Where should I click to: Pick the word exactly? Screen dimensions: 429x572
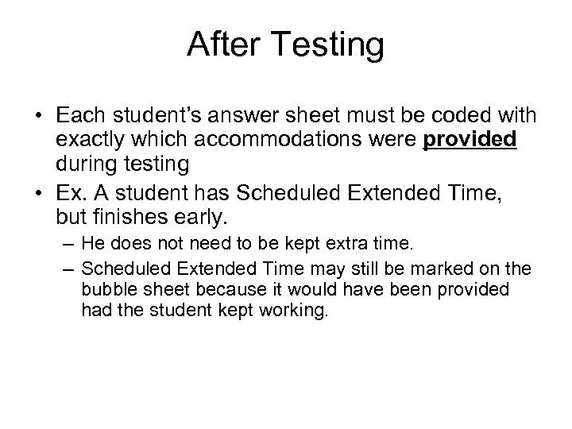coord(85,140)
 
